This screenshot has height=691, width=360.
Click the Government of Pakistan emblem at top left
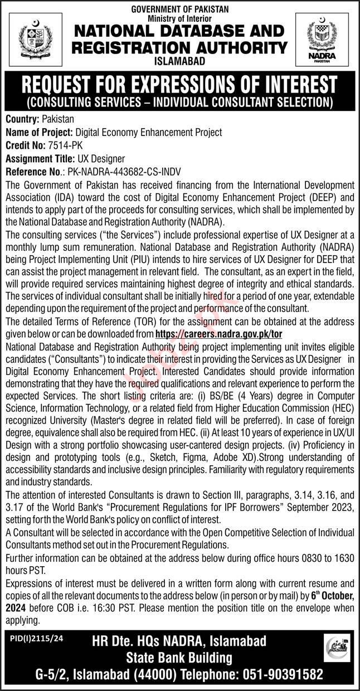tap(34, 39)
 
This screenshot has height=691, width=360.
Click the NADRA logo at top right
tap(325, 39)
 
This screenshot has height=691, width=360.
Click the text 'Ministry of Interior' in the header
tap(180, 17)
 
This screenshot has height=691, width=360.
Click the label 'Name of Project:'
tap(39, 132)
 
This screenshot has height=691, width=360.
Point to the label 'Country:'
tap(22, 119)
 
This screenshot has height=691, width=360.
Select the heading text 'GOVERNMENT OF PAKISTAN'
tap(180, 9)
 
